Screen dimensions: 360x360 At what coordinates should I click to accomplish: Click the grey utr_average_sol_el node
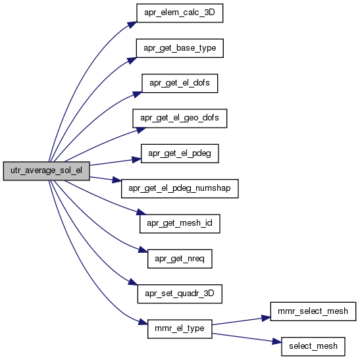click(46, 171)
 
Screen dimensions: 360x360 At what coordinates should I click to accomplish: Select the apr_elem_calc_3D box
click(180, 13)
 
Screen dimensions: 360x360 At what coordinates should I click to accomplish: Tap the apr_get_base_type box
click(180, 48)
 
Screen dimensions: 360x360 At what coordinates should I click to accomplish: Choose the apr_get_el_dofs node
click(180, 84)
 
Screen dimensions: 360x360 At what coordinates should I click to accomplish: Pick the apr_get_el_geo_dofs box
click(180, 118)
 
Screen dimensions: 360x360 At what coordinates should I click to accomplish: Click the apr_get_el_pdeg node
click(180, 153)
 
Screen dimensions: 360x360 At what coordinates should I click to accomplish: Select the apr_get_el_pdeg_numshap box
click(180, 188)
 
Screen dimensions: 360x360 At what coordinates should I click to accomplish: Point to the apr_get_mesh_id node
click(180, 224)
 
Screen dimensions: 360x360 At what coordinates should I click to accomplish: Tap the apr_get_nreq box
click(180, 259)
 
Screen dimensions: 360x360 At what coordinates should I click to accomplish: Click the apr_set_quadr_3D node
click(180, 294)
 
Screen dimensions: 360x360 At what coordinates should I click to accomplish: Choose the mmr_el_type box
click(180, 329)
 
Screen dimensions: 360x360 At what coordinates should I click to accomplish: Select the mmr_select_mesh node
click(313, 311)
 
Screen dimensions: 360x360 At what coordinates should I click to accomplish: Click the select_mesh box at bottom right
click(313, 346)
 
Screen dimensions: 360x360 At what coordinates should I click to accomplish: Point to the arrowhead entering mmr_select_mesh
click(267, 318)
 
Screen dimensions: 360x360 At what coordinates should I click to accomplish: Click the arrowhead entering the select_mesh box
click(277, 342)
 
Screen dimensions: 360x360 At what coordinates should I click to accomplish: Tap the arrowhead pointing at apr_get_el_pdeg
click(136, 159)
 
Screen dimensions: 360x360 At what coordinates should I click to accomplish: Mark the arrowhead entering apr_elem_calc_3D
click(132, 24)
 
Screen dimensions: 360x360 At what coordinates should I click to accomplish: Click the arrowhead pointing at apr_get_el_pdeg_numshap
click(117, 180)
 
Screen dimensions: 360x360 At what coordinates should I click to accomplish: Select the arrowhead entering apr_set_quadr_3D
click(133, 282)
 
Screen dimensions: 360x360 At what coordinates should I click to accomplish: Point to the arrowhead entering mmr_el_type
click(143, 322)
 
